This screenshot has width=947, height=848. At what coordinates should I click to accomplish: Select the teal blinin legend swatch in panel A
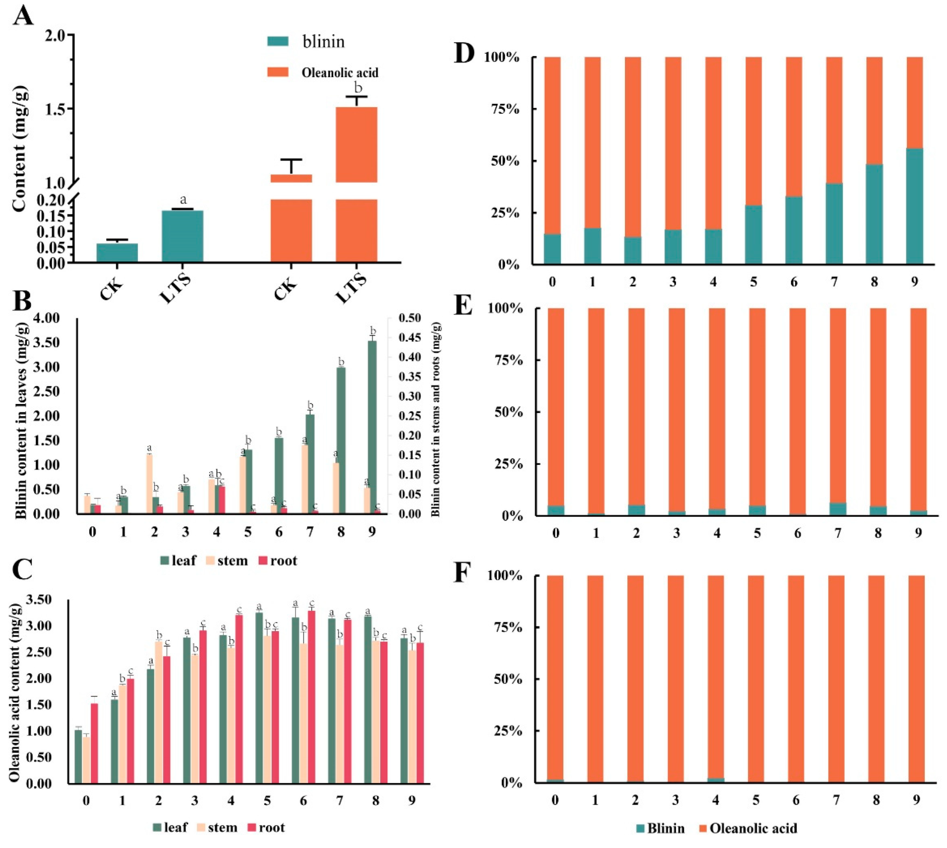(278, 41)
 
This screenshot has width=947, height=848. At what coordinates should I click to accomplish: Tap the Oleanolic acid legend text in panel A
(340, 73)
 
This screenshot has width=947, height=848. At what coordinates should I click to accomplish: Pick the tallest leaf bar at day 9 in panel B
(371, 426)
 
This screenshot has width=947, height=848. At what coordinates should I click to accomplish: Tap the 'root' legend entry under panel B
(278, 561)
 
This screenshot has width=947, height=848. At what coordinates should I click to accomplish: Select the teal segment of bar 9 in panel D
(914, 206)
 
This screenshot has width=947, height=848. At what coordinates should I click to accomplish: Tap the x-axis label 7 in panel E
(838, 533)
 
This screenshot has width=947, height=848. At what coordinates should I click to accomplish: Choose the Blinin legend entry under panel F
(660, 828)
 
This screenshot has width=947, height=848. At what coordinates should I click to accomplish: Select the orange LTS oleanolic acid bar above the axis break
(356, 144)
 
